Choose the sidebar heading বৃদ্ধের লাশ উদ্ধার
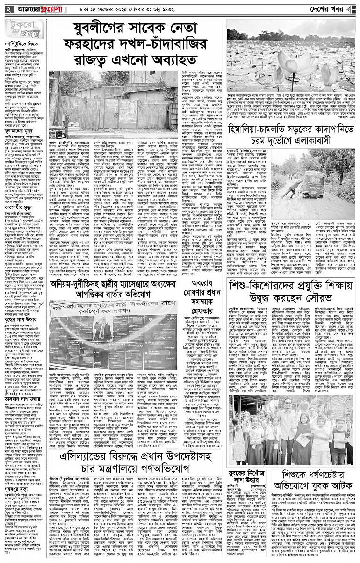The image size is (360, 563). pyautogui.click(x=22, y=322)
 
